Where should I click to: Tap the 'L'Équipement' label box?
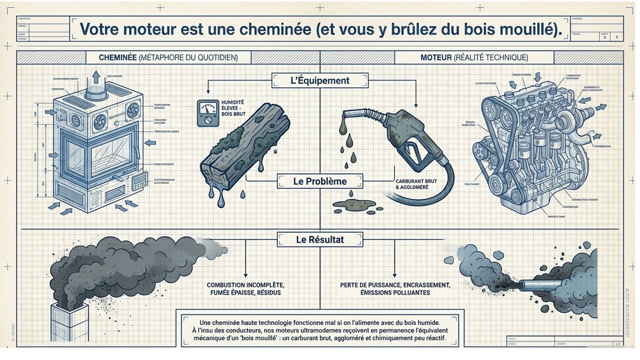(x=320, y=81)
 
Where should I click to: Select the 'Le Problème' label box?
(x=320, y=181)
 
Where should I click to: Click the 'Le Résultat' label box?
(x=320, y=240)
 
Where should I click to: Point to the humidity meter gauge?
(x=208, y=113)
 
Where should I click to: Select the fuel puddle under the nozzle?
(x=354, y=205)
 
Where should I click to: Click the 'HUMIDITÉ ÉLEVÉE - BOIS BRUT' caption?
(x=233, y=108)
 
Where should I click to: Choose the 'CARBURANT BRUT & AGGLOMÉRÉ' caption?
(x=416, y=184)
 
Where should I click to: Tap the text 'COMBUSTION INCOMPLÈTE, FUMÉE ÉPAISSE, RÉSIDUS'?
(x=245, y=289)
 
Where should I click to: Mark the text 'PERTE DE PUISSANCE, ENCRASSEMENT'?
(x=395, y=285)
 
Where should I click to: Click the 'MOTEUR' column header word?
(x=436, y=58)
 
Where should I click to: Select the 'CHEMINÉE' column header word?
(x=117, y=58)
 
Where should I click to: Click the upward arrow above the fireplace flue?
(x=96, y=77)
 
